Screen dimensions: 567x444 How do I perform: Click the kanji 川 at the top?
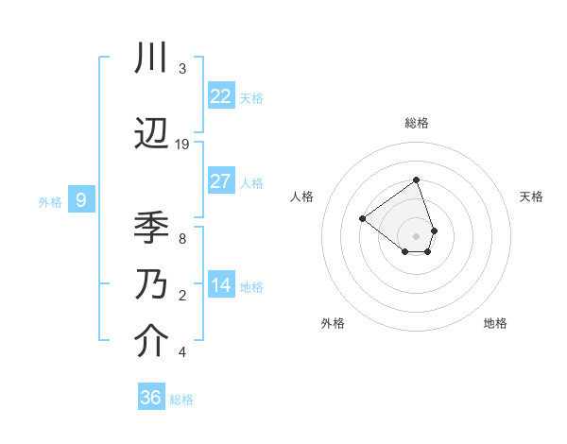click(151, 60)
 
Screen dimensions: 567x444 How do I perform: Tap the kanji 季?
click(151, 227)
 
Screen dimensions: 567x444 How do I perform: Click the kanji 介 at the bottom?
click(151, 341)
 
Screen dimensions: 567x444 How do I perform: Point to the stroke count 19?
click(182, 145)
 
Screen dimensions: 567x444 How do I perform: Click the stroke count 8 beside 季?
click(181, 238)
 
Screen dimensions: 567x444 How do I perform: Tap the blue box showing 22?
click(221, 96)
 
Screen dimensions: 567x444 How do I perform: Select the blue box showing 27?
click(221, 181)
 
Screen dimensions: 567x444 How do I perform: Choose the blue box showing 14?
click(221, 285)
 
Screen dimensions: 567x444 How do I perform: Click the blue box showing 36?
click(151, 398)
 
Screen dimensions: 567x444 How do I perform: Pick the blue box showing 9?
click(81, 200)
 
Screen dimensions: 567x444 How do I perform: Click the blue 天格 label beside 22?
click(251, 98)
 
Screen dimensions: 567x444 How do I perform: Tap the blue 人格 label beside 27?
click(251, 183)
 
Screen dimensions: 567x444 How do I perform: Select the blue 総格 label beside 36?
click(181, 400)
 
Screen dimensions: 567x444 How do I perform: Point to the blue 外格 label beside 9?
click(50, 202)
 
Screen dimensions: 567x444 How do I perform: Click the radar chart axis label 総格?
click(416, 123)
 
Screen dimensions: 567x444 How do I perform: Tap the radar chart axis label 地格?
click(495, 323)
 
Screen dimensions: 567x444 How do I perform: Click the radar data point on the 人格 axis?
click(362, 218)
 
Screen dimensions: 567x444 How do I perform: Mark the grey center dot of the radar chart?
click(416, 235)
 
